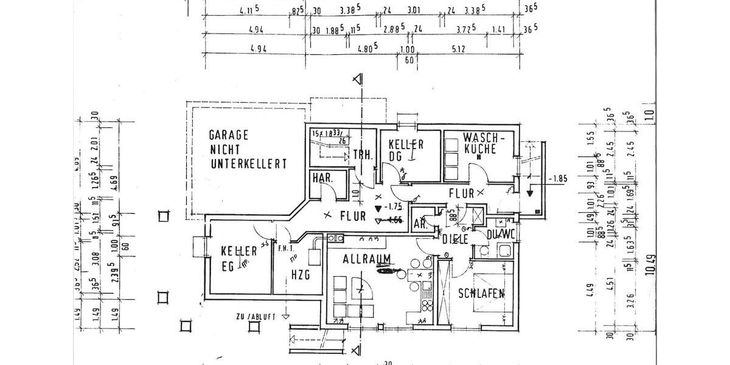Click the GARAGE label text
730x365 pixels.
pos(229,135)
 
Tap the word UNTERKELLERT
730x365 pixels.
pos(248,164)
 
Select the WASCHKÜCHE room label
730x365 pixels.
pos(481,142)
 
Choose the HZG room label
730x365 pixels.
pos(300,274)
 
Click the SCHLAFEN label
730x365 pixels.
pos(481,293)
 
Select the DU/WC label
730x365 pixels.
pos(501,234)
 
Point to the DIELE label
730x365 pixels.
pos(455,239)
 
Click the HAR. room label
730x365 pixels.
pos(321,178)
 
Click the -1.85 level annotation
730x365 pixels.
pos(557,179)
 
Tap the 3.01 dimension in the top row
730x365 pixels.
pos(414,10)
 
